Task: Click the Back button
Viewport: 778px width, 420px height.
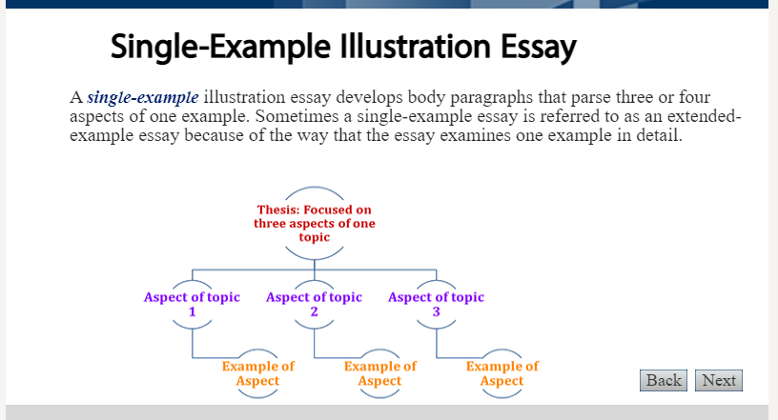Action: pyautogui.click(x=664, y=380)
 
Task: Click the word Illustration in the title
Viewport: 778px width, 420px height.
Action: pyautogui.click(x=416, y=46)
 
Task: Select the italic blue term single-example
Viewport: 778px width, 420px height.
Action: pyautogui.click(x=143, y=97)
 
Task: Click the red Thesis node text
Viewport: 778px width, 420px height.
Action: pyautogui.click(x=314, y=223)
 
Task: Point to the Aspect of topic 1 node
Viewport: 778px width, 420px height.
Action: pyautogui.click(x=192, y=304)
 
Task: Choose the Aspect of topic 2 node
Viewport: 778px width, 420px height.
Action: pyautogui.click(x=314, y=304)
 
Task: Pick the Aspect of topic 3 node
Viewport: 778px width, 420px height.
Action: pyautogui.click(x=436, y=304)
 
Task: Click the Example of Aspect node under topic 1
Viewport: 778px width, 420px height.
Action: pyautogui.click(x=258, y=373)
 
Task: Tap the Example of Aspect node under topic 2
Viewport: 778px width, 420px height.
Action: pyautogui.click(x=380, y=373)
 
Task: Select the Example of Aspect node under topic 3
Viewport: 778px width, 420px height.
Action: pyautogui.click(x=502, y=373)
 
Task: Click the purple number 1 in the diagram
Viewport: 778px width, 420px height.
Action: pyautogui.click(x=192, y=311)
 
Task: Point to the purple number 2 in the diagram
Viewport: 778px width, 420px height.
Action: pyautogui.click(x=314, y=311)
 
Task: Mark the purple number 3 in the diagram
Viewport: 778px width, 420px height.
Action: pyautogui.click(x=436, y=311)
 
